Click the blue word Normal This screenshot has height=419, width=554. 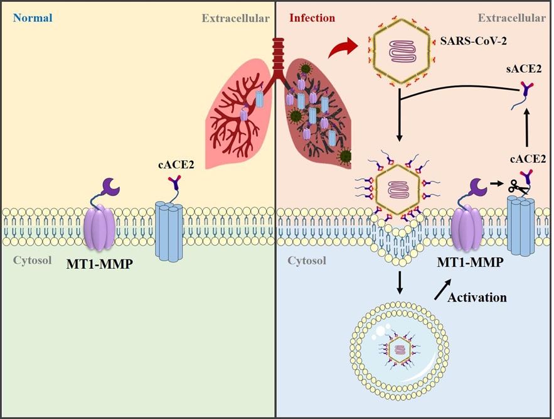(33, 18)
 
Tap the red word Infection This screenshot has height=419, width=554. (312, 18)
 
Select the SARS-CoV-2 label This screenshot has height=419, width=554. (473, 41)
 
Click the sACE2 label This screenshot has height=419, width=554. (523, 68)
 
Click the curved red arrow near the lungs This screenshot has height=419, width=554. (343, 48)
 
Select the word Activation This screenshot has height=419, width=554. (477, 297)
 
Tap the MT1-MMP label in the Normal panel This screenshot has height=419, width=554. (100, 264)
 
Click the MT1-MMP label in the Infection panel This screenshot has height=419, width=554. (470, 262)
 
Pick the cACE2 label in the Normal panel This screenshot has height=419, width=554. (176, 165)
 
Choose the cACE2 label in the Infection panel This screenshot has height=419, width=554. (528, 159)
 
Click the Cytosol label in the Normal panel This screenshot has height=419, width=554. (33, 261)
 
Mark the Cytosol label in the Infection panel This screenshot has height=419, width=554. (307, 261)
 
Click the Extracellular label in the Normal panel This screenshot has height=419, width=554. (236, 18)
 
